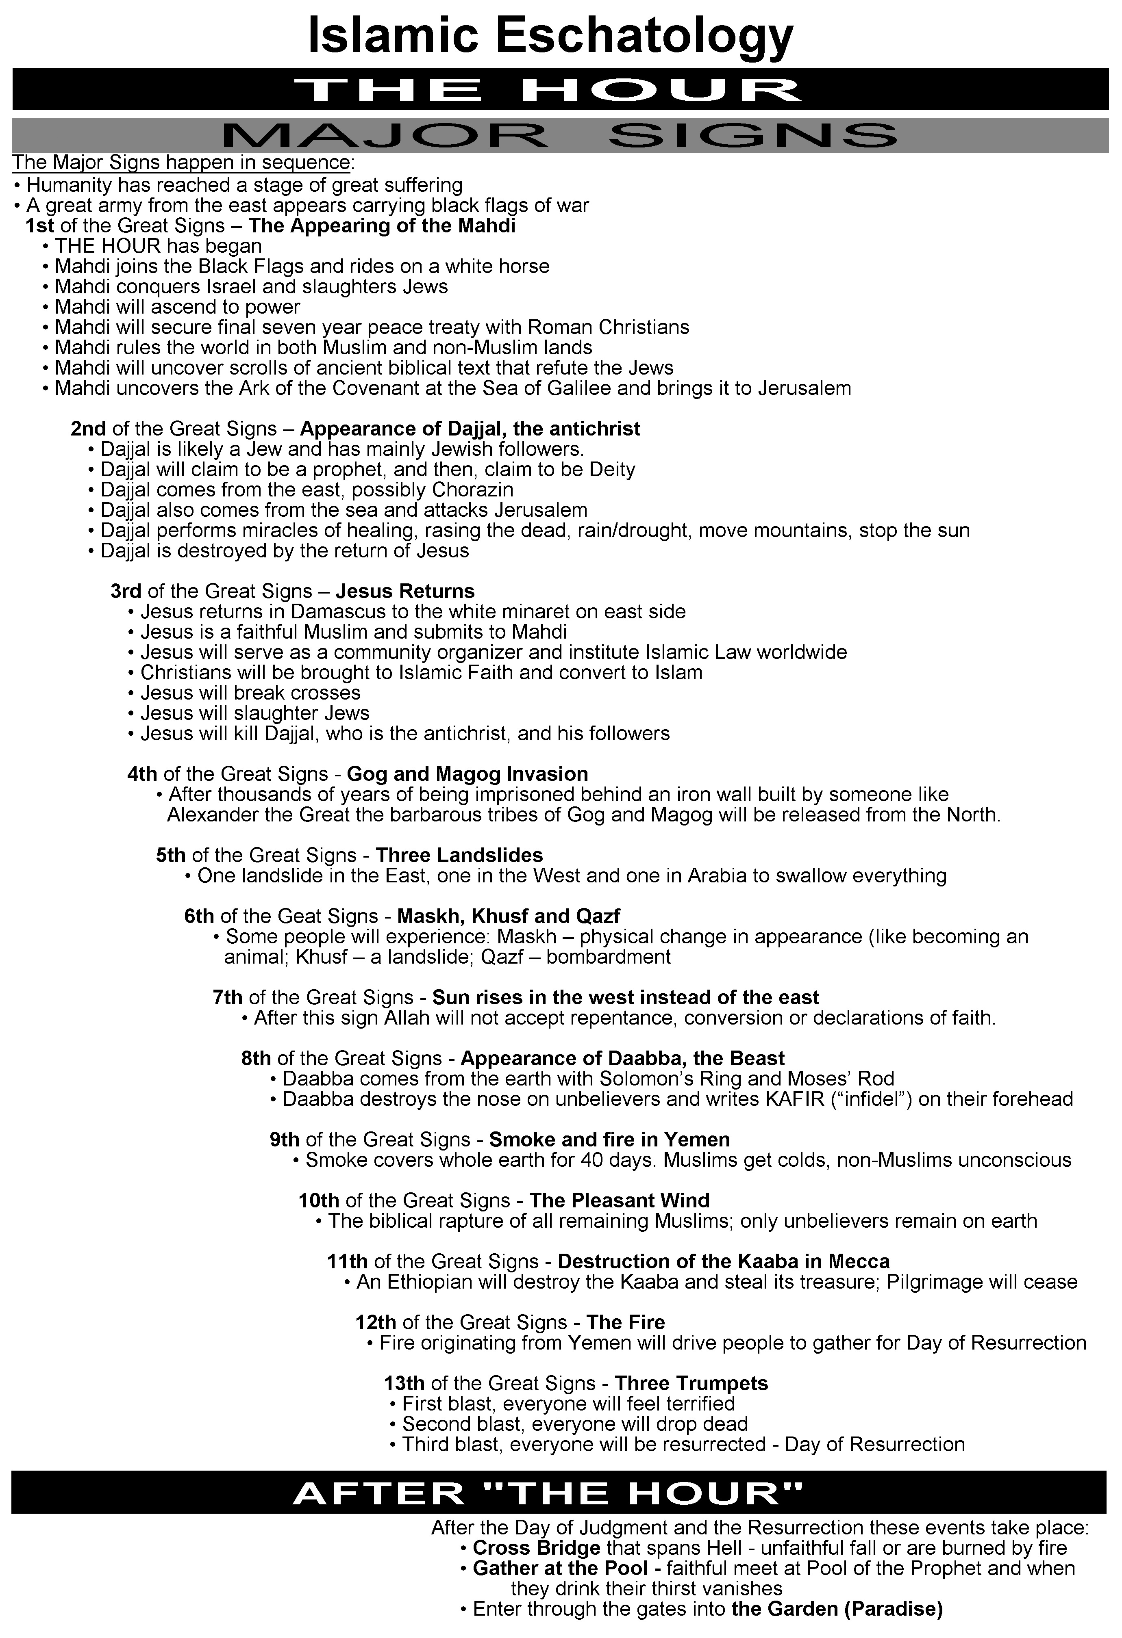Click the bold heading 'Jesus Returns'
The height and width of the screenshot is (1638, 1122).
pyautogui.click(x=405, y=591)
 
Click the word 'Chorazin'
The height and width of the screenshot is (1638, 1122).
pyautogui.click(x=472, y=490)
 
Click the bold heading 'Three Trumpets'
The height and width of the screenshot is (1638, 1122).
pyautogui.click(x=691, y=1384)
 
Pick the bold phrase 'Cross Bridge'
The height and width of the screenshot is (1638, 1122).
pyautogui.click(x=536, y=1549)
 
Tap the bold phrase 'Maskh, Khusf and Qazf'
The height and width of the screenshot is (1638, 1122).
pyautogui.click(x=509, y=916)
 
